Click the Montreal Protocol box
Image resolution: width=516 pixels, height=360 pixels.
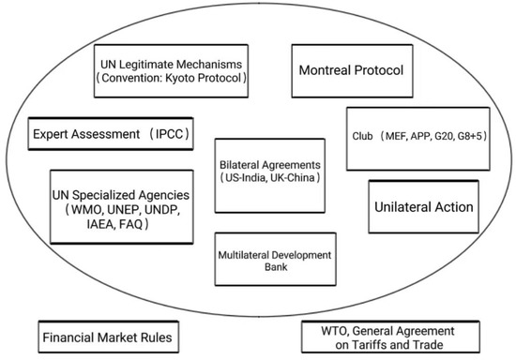click(x=352, y=70)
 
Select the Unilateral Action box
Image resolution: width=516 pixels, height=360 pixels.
click(x=420, y=206)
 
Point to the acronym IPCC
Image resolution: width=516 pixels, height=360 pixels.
click(x=168, y=134)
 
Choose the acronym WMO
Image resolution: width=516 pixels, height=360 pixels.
click(x=88, y=209)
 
